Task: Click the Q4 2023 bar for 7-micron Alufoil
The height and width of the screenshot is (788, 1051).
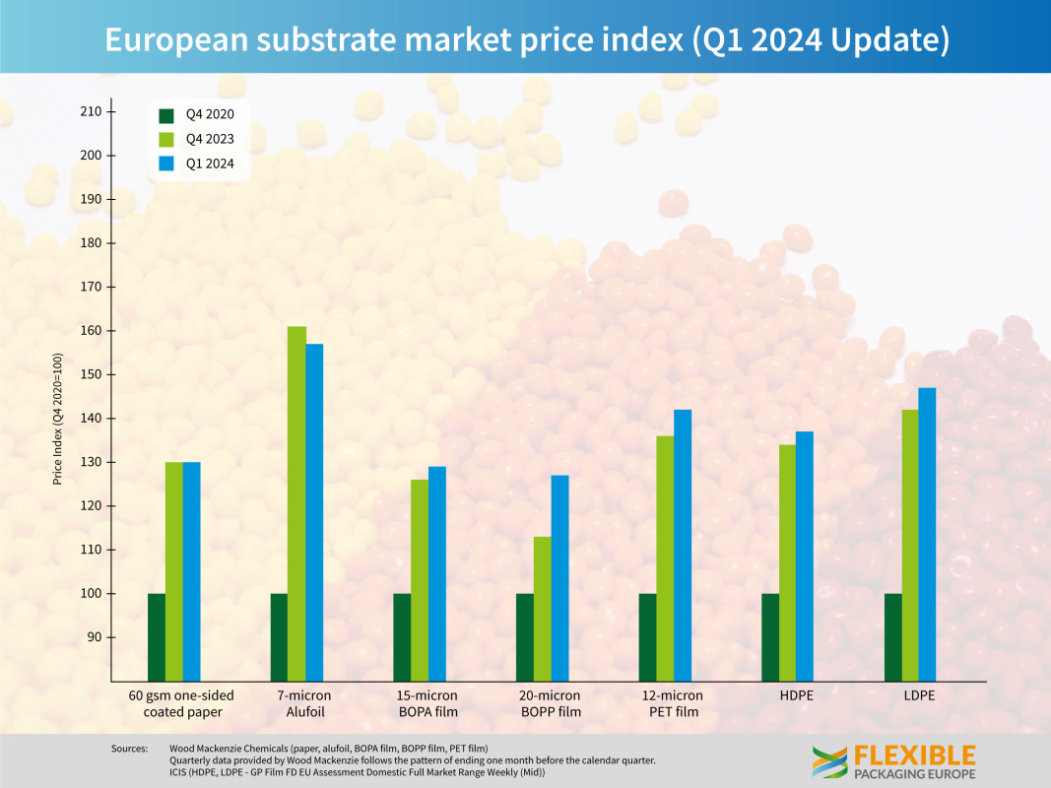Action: [x=296, y=502]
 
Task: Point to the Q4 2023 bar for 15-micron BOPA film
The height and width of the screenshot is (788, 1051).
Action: [x=420, y=580]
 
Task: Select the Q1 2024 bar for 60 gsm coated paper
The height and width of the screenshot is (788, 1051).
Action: [x=191, y=571]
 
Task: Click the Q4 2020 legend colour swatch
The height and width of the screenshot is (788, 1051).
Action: [x=165, y=114]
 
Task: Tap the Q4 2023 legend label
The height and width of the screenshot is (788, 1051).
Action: [x=210, y=139]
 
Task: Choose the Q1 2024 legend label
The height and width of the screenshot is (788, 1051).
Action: [x=210, y=164]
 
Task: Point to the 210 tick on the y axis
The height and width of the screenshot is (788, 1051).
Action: [x=92, y=111]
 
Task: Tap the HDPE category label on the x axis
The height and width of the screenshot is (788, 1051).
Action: [x=796, y=695]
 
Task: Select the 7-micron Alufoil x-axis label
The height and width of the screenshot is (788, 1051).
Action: [x=304, y=703]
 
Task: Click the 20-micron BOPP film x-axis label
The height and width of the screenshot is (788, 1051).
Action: [x=550, y=703]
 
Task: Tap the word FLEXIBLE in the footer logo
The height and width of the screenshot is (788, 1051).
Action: [x=915, y=755]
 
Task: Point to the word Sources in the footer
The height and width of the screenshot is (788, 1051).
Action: [x=129, y=749]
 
